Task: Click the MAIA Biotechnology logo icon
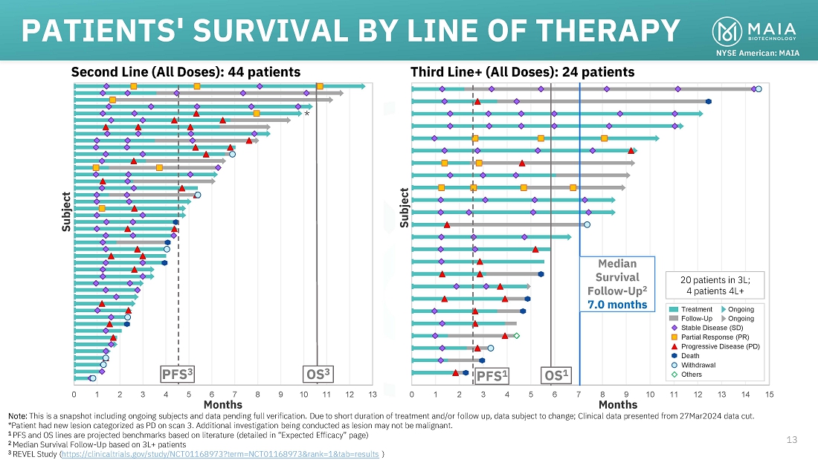(727, 30)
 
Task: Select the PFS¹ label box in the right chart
(491, 376)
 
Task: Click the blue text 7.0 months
(617, 305)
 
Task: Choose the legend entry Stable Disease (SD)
(705, 328)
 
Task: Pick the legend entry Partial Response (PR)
(706, 337)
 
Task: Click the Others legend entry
(693, 374)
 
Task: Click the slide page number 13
(792, 441)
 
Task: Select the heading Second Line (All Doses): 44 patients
(185, 72)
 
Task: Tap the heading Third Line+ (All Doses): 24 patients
(523, 72)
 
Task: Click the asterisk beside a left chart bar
(306, 114)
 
